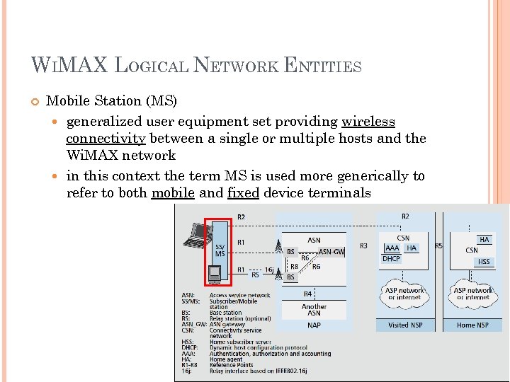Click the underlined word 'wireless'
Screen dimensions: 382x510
368,121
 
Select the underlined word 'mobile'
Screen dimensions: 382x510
173,192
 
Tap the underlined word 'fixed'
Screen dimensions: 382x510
243,192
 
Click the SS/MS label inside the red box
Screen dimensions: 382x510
220,250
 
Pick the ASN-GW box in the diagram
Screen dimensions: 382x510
331,251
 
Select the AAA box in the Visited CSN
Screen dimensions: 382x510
392,248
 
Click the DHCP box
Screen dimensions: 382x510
391,259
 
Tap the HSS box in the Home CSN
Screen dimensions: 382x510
484,262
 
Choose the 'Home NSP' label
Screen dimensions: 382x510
472,325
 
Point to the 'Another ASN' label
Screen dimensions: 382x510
314,310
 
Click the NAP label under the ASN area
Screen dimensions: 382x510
314,325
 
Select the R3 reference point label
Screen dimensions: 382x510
363,245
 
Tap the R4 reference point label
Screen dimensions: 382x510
308,293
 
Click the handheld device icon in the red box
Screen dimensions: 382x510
216,272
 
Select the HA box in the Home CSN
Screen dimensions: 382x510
484,240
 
